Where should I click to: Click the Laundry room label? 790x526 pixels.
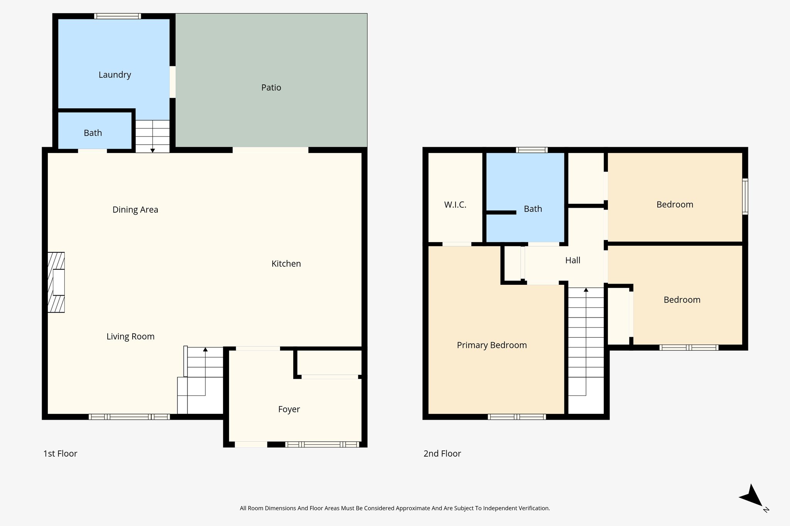115,75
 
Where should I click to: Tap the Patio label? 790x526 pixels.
271,87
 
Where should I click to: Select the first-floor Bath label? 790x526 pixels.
93,133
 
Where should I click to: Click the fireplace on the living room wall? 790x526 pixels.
56,282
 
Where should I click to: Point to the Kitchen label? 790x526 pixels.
286,264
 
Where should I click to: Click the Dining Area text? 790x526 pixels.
135,210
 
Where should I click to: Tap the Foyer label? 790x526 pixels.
289,409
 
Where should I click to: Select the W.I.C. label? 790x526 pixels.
455,205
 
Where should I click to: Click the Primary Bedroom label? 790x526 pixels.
492,345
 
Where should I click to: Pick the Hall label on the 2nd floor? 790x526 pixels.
572,260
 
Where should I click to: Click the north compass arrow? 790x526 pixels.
752,497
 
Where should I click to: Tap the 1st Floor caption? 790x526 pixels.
60,454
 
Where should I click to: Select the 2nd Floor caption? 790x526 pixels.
442,454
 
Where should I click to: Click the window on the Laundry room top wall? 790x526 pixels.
117,16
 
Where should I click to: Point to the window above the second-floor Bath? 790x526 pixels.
532,150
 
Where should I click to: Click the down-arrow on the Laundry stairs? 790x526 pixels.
153,150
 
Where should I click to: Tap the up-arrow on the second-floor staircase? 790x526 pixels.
586,289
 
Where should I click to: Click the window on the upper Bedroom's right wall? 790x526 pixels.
745,196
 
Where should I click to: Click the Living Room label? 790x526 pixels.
130,336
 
